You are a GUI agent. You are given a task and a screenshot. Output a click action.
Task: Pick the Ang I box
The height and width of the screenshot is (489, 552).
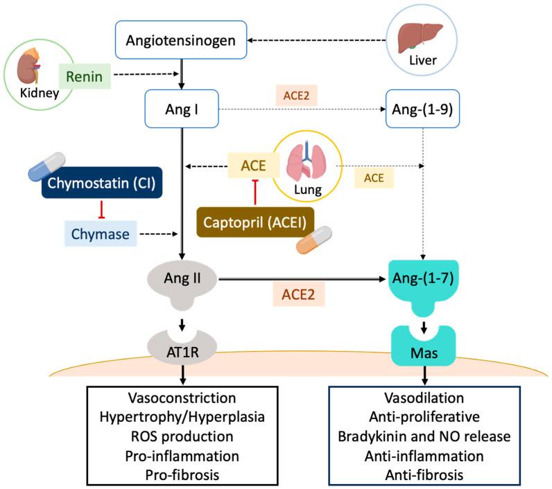pyautogui.click(x=181, y=110)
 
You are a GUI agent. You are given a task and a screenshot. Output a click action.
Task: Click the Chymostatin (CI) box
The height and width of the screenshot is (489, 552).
pyautogui.click(x=103, y=184)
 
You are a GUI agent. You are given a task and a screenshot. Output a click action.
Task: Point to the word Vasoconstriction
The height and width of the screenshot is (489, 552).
pyautogui.click(x=182, y=400)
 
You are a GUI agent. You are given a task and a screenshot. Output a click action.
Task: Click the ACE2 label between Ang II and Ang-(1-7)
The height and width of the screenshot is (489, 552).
pyautogui.click(x=297, y=294)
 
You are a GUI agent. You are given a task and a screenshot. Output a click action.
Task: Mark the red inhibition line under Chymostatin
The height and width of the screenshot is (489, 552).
pyautogui.click(x=103, y=209)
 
